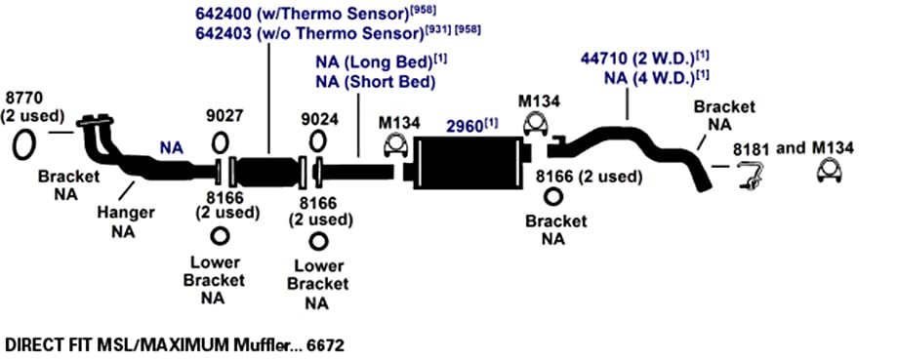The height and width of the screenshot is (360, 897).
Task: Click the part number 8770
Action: pyautogui.click(x=22, y=98)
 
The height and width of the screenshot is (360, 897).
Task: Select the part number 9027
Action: pyautogui.click(x=224, y=116)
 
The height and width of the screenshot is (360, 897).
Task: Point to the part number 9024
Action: pyautogui.click(x=319, y=119)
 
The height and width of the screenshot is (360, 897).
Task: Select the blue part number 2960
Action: pyautogui.click(x=465, y=127)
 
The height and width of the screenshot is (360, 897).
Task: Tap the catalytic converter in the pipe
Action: pyautogui.click(x=267, y=171)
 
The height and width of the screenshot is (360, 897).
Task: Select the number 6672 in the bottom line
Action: pyautogui.click(x=325, y=345)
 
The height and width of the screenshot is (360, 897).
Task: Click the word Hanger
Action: pyautogui.click(x=126, y=213)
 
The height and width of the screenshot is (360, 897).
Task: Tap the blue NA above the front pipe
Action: pyautogui.click(x=172, y=148)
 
